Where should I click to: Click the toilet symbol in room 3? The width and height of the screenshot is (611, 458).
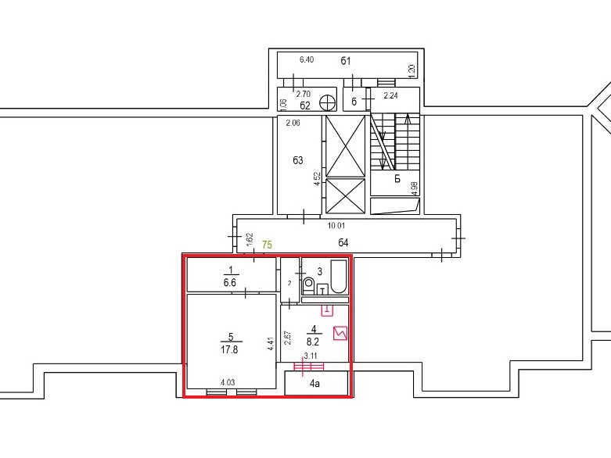(x=309, y=285)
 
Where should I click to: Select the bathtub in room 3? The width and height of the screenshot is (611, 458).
(x=339, y=277)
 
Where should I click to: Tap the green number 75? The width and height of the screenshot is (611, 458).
(x=267, y=245)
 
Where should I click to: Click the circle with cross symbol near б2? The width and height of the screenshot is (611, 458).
(x=327, y=102)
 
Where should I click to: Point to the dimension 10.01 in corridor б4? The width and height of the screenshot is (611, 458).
(x=336, y=226)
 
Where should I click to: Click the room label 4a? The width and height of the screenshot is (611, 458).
(x=314, y=384)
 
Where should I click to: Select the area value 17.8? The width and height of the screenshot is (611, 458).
(x=229, y=350)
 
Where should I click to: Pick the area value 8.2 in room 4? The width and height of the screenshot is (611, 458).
(x=313, y=342)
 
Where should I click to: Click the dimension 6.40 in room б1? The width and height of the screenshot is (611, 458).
(x=307, y=59)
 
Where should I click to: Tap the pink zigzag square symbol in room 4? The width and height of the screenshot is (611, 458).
(x=340, y=334)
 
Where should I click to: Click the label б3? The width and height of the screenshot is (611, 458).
(x=298, y=160)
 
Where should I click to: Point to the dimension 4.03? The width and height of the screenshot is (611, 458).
(x=228, y=382)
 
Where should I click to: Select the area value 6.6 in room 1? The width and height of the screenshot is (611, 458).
(x=229, y=282)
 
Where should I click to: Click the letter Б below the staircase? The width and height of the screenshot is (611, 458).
(x=397, y=179)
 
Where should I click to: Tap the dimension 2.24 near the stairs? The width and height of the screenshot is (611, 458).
(x=391, y=95)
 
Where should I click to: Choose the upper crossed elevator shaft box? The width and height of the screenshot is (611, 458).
(x=346, y=146)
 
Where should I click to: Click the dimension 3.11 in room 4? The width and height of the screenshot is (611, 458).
(x=311, y=356)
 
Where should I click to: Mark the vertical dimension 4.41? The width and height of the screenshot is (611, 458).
(x=271, y=345)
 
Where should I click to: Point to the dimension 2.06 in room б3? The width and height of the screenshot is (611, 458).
(x=293, y=123)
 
